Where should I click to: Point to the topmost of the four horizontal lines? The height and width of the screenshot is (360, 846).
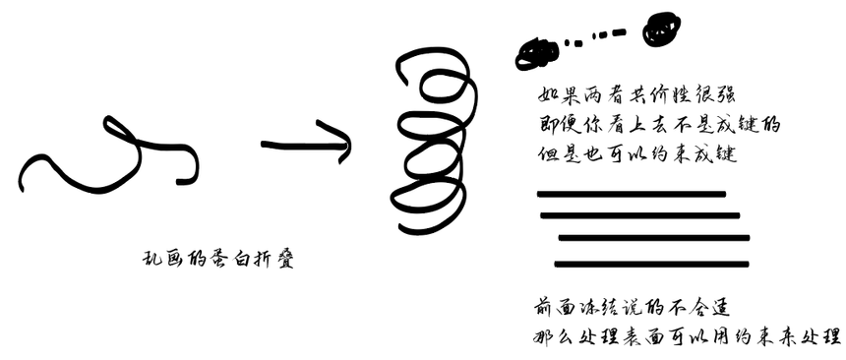(x=631, y=195)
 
